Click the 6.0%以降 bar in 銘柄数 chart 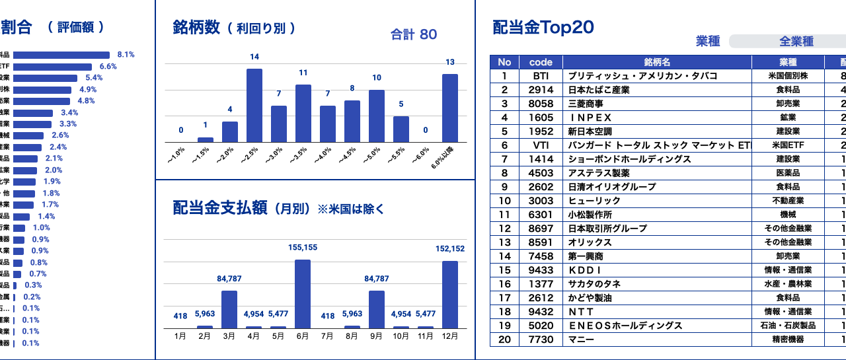tap(450, 108)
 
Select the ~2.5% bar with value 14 tap(254, 105)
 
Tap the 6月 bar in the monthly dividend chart tap(303, 294)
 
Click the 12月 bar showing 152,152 tap(450, 295)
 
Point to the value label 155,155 tap(303, 248)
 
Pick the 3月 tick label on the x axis tap(229, 336)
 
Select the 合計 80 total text tap(414, 34)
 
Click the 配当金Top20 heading tap(543, 27)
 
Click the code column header tap(541, 62)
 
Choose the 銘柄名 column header tap(657, 62)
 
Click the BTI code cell tap(541, 76)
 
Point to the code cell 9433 tap(541, 270)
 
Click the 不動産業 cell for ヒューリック tap(788, 201)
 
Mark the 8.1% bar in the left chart tap(61, 55)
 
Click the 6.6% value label tap(108, 67)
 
